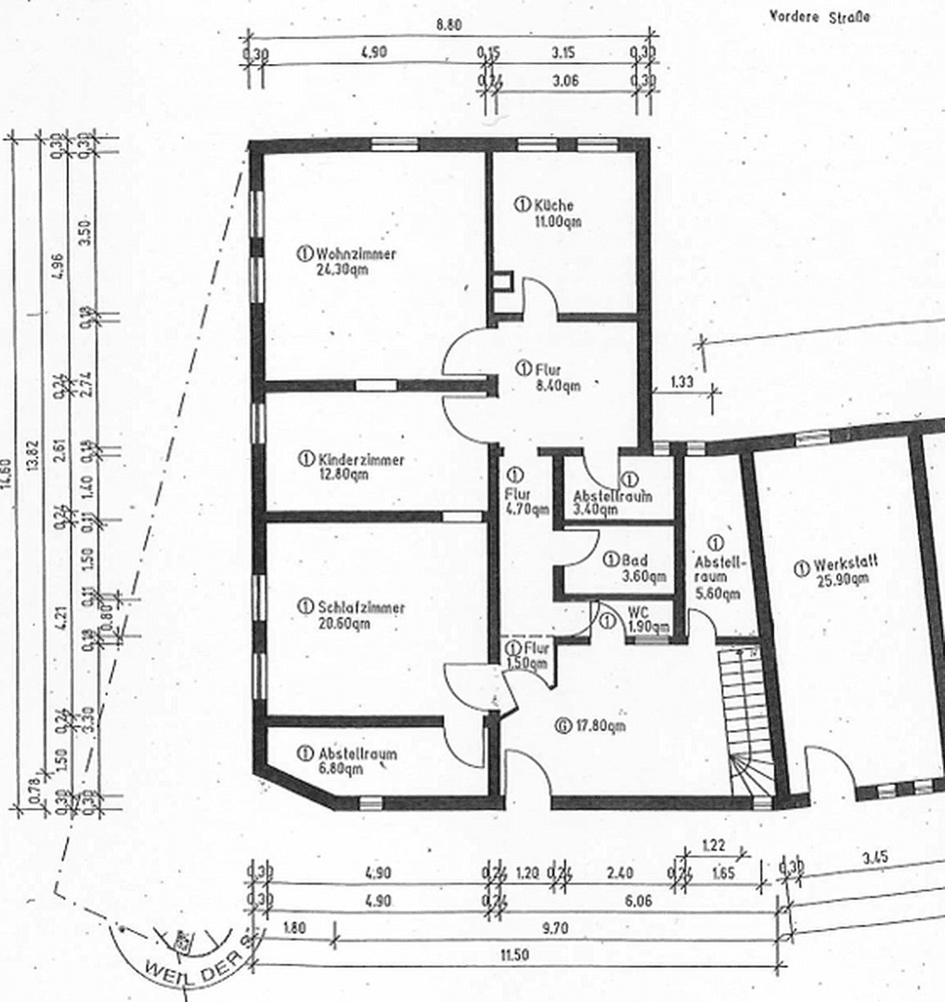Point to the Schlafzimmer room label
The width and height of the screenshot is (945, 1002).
(351, 614)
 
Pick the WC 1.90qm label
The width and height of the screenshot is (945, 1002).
(641, 619)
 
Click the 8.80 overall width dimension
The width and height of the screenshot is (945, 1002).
(448, 25)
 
